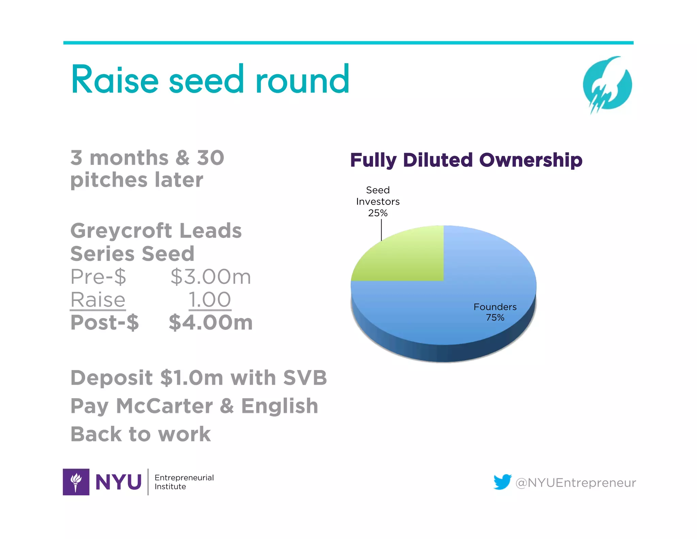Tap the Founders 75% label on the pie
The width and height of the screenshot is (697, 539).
click(495, 312)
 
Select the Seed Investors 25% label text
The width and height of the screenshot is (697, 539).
click(378, 201)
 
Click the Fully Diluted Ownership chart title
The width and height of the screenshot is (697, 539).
click(466, 160)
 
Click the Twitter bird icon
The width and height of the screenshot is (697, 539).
click(502, 482)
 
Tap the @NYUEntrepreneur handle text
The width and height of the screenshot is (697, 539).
click(576, 483)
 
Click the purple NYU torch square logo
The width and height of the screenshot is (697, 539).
click(76, 482)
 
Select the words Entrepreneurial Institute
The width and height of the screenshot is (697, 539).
click(184, 482)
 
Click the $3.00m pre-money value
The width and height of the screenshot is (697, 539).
click(211, 277)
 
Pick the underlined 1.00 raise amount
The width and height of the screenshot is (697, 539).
click(210, 300)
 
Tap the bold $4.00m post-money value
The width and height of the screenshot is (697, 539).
click(211, 322)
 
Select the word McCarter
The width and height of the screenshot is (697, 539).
click(164, 406)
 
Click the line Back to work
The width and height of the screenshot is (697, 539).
click(141, 434)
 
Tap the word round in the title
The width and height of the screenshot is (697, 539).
click(302, 80)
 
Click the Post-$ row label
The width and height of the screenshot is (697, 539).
click(104, 322)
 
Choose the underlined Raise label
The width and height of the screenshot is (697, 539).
click(98, 300)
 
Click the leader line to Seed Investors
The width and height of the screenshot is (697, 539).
click(382, 230)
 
